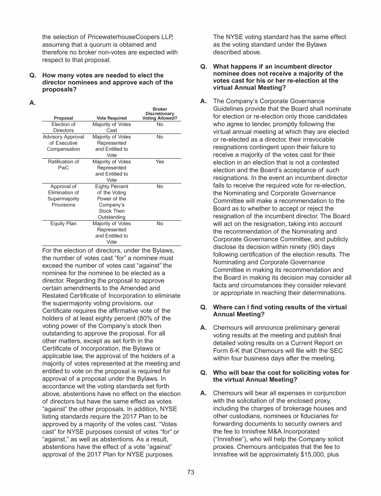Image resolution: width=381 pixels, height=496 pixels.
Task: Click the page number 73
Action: pyautogui.click(x=190, y=472)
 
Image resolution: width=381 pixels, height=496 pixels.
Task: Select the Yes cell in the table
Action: pyautogui.click(x=160, y=162)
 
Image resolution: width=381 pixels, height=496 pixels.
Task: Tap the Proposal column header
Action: pyautogui.click(x=63, y=118)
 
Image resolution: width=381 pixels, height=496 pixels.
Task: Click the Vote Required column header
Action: pyautogui.click(x=112, y=118)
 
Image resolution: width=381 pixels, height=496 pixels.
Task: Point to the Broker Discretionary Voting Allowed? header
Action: pyautogui.click(x=160, y=114)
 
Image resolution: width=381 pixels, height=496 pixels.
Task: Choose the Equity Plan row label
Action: pyautogui.click(x=63, y=224)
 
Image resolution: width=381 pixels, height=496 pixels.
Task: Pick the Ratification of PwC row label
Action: pyautogui.click(x=63, y=165)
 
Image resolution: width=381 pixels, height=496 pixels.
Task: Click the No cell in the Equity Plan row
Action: pyautogui.click(x=160, y=224)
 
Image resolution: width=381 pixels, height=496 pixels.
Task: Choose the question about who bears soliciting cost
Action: pyautogui.click(x=280, y=376)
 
